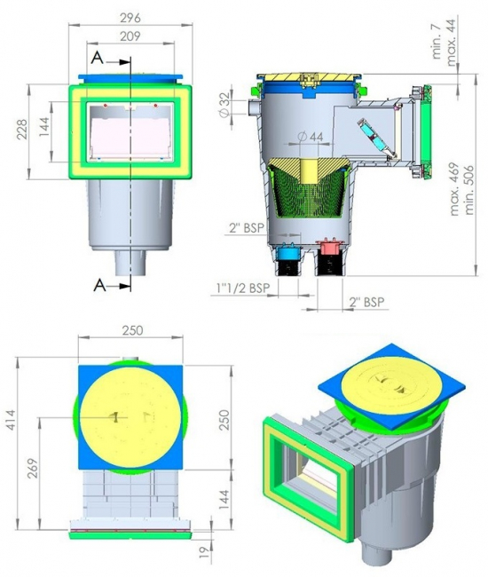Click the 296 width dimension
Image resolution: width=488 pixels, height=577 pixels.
(130, 18)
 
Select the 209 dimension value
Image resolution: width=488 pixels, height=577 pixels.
(130, 36)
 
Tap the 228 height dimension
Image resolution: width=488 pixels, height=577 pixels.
(22, 130)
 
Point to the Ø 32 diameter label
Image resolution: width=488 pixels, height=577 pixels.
(224, 105)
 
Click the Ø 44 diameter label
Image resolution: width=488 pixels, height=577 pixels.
(311, 137)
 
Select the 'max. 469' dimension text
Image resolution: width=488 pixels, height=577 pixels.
(455, 189)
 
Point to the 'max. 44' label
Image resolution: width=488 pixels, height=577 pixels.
(452, 43)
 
